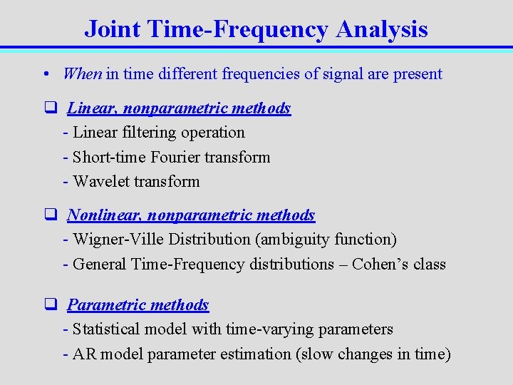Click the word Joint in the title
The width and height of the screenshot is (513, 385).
click(x=113, y=29)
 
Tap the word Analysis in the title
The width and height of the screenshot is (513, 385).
click(x=382, y=29)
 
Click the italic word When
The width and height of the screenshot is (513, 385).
click(x=83, y=73)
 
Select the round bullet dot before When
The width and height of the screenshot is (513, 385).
click(x=45, y=74)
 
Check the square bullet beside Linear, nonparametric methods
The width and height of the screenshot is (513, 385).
click(x=51, y=108)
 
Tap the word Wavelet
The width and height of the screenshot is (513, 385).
click(x=100, y=181)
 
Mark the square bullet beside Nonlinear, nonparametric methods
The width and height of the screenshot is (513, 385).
click(x=51, y=215)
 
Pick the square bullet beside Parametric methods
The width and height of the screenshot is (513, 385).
click(x=51, y=305)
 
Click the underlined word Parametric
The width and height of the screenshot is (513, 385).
click(x=104, y=305)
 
